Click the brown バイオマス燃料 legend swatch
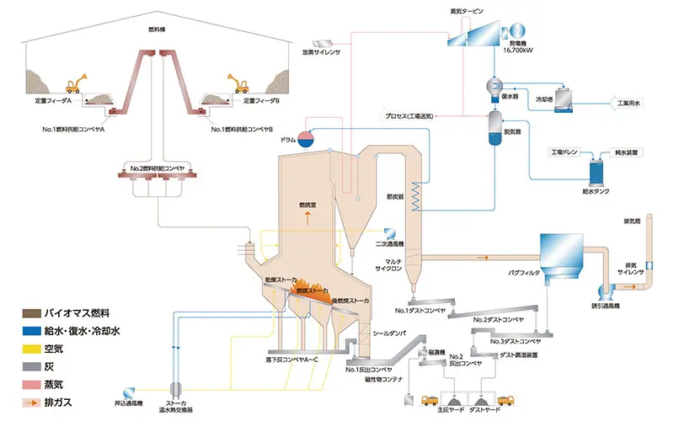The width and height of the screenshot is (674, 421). [x=14, y=312]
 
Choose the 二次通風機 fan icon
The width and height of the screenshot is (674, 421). [x=388, y=232]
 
